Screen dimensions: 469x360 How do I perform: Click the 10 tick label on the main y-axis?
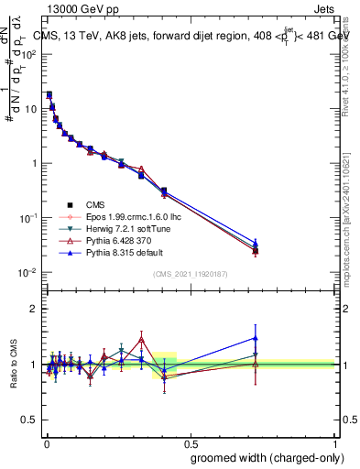[x=30, y=109]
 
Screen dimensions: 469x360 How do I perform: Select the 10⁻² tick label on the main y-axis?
[x=28, y=273]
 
